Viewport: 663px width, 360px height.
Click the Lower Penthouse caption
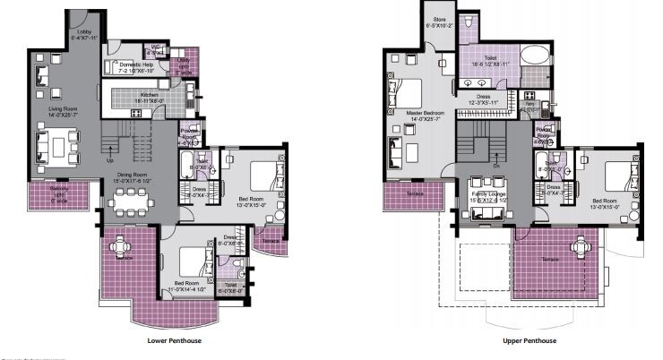click(x=173, y=341)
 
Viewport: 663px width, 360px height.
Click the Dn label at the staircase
click(x=495, y=164)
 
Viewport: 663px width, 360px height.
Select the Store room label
click(x=440, y=21)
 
